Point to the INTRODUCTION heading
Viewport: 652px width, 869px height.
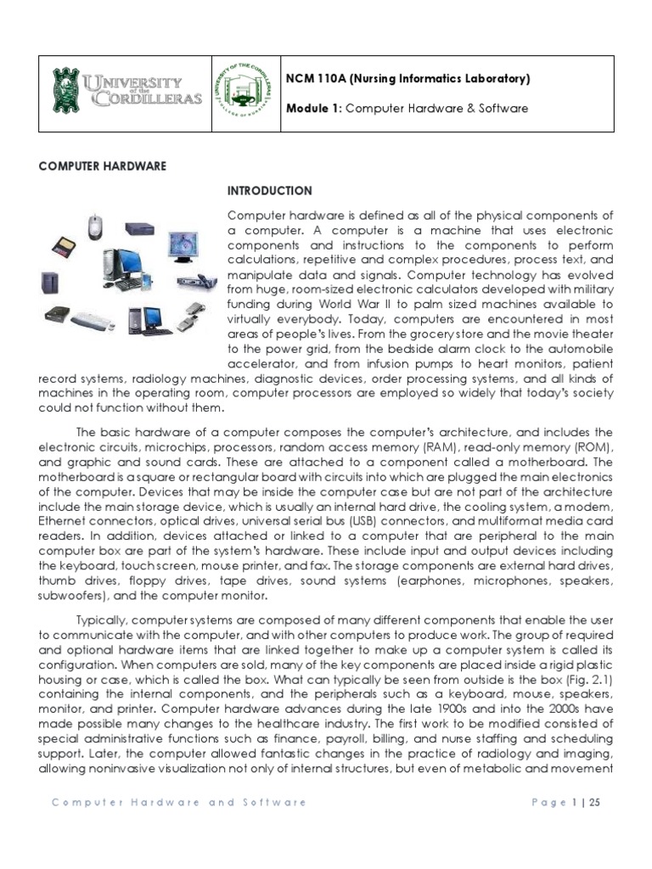pyautogui.click(x=269, y=191)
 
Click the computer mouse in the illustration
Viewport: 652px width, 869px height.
pyautogui.click(x=95, y=226)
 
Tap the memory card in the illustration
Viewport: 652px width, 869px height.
pyautogui.click(x=61, y=249)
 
